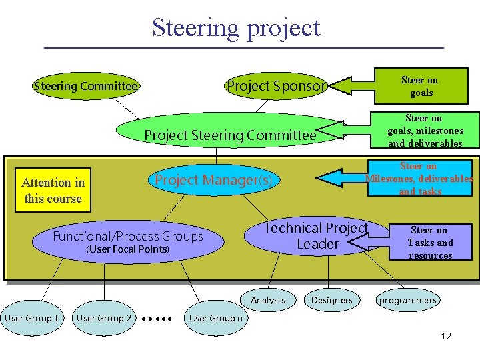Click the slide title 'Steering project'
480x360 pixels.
click(x=236, y=28)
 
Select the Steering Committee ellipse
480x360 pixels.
click(x=85, y=86)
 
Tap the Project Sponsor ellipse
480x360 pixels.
click(x=275, y=86)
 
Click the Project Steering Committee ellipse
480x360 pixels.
click(x=229, y=135)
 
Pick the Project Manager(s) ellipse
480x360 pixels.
click(x=213, y=180)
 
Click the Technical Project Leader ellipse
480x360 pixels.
click(x=316, y=237)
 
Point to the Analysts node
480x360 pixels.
click(x=268, y=300)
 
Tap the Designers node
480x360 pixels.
click(x=331, y=300)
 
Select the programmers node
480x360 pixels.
click(x=407, y=300)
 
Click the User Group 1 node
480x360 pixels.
click(x=31, y=318)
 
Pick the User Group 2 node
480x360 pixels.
click(x=104, y=318)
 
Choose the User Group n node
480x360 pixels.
click(x=216, y=318)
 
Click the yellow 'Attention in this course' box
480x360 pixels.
click(x=53, y=191)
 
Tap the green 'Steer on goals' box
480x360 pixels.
click(x=421, y=87)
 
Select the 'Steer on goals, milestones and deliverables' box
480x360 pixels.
click(x=425, y=131)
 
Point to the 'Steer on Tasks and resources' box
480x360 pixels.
click(x=430, y=243)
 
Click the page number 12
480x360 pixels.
click(x=446, y=336)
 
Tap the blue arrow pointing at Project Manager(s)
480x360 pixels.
click(x=340, y=178)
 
